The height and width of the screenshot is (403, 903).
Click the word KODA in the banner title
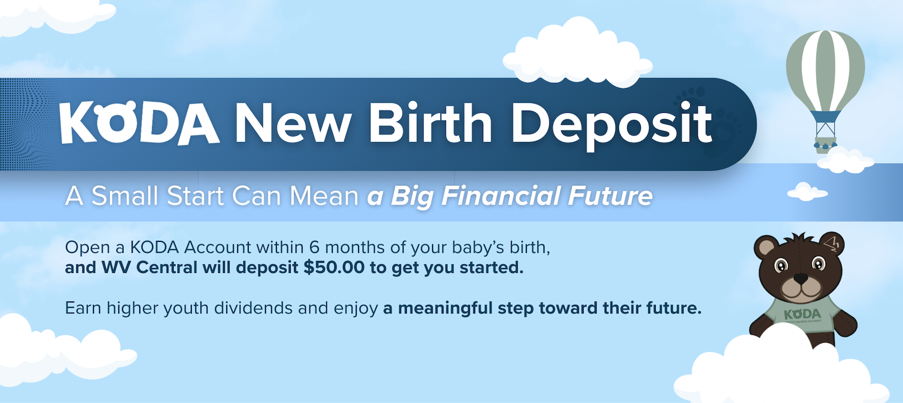[139, 123]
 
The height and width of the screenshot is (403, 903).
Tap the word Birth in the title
[430, 123]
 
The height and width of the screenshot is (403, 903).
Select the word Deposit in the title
[611, 125]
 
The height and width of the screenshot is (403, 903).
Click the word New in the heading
[293, 123]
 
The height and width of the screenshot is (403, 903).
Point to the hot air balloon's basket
[825, 143]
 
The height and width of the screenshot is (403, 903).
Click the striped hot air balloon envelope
[825, 70]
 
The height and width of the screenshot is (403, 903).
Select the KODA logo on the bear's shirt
[802, 314]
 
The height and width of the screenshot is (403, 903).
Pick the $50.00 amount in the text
[334, 268]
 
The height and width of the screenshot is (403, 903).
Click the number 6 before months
[314, 248]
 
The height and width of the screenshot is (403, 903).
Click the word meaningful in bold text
[445, 308]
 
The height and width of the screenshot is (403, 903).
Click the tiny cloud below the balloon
[806, 191]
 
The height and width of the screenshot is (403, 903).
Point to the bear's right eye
[781, 265]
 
